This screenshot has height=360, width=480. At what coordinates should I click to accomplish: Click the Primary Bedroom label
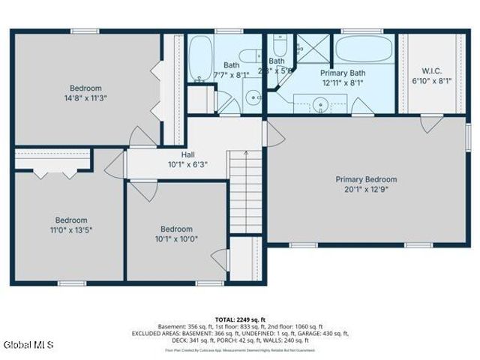point(366,179)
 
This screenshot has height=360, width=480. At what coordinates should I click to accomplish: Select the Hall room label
point(178,154)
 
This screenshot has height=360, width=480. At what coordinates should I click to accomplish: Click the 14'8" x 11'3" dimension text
point(86,97)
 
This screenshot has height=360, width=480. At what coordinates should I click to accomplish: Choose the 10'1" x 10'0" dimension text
point(176,239)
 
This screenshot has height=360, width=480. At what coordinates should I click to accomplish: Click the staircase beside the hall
point(246,192)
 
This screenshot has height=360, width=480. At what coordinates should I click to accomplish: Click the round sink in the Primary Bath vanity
point(322,104)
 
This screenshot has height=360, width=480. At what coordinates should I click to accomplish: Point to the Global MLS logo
point(23,345)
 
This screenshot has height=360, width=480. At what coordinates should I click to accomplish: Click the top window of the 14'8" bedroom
point(85,31)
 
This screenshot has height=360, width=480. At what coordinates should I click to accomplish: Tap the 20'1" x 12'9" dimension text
point(366,190)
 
